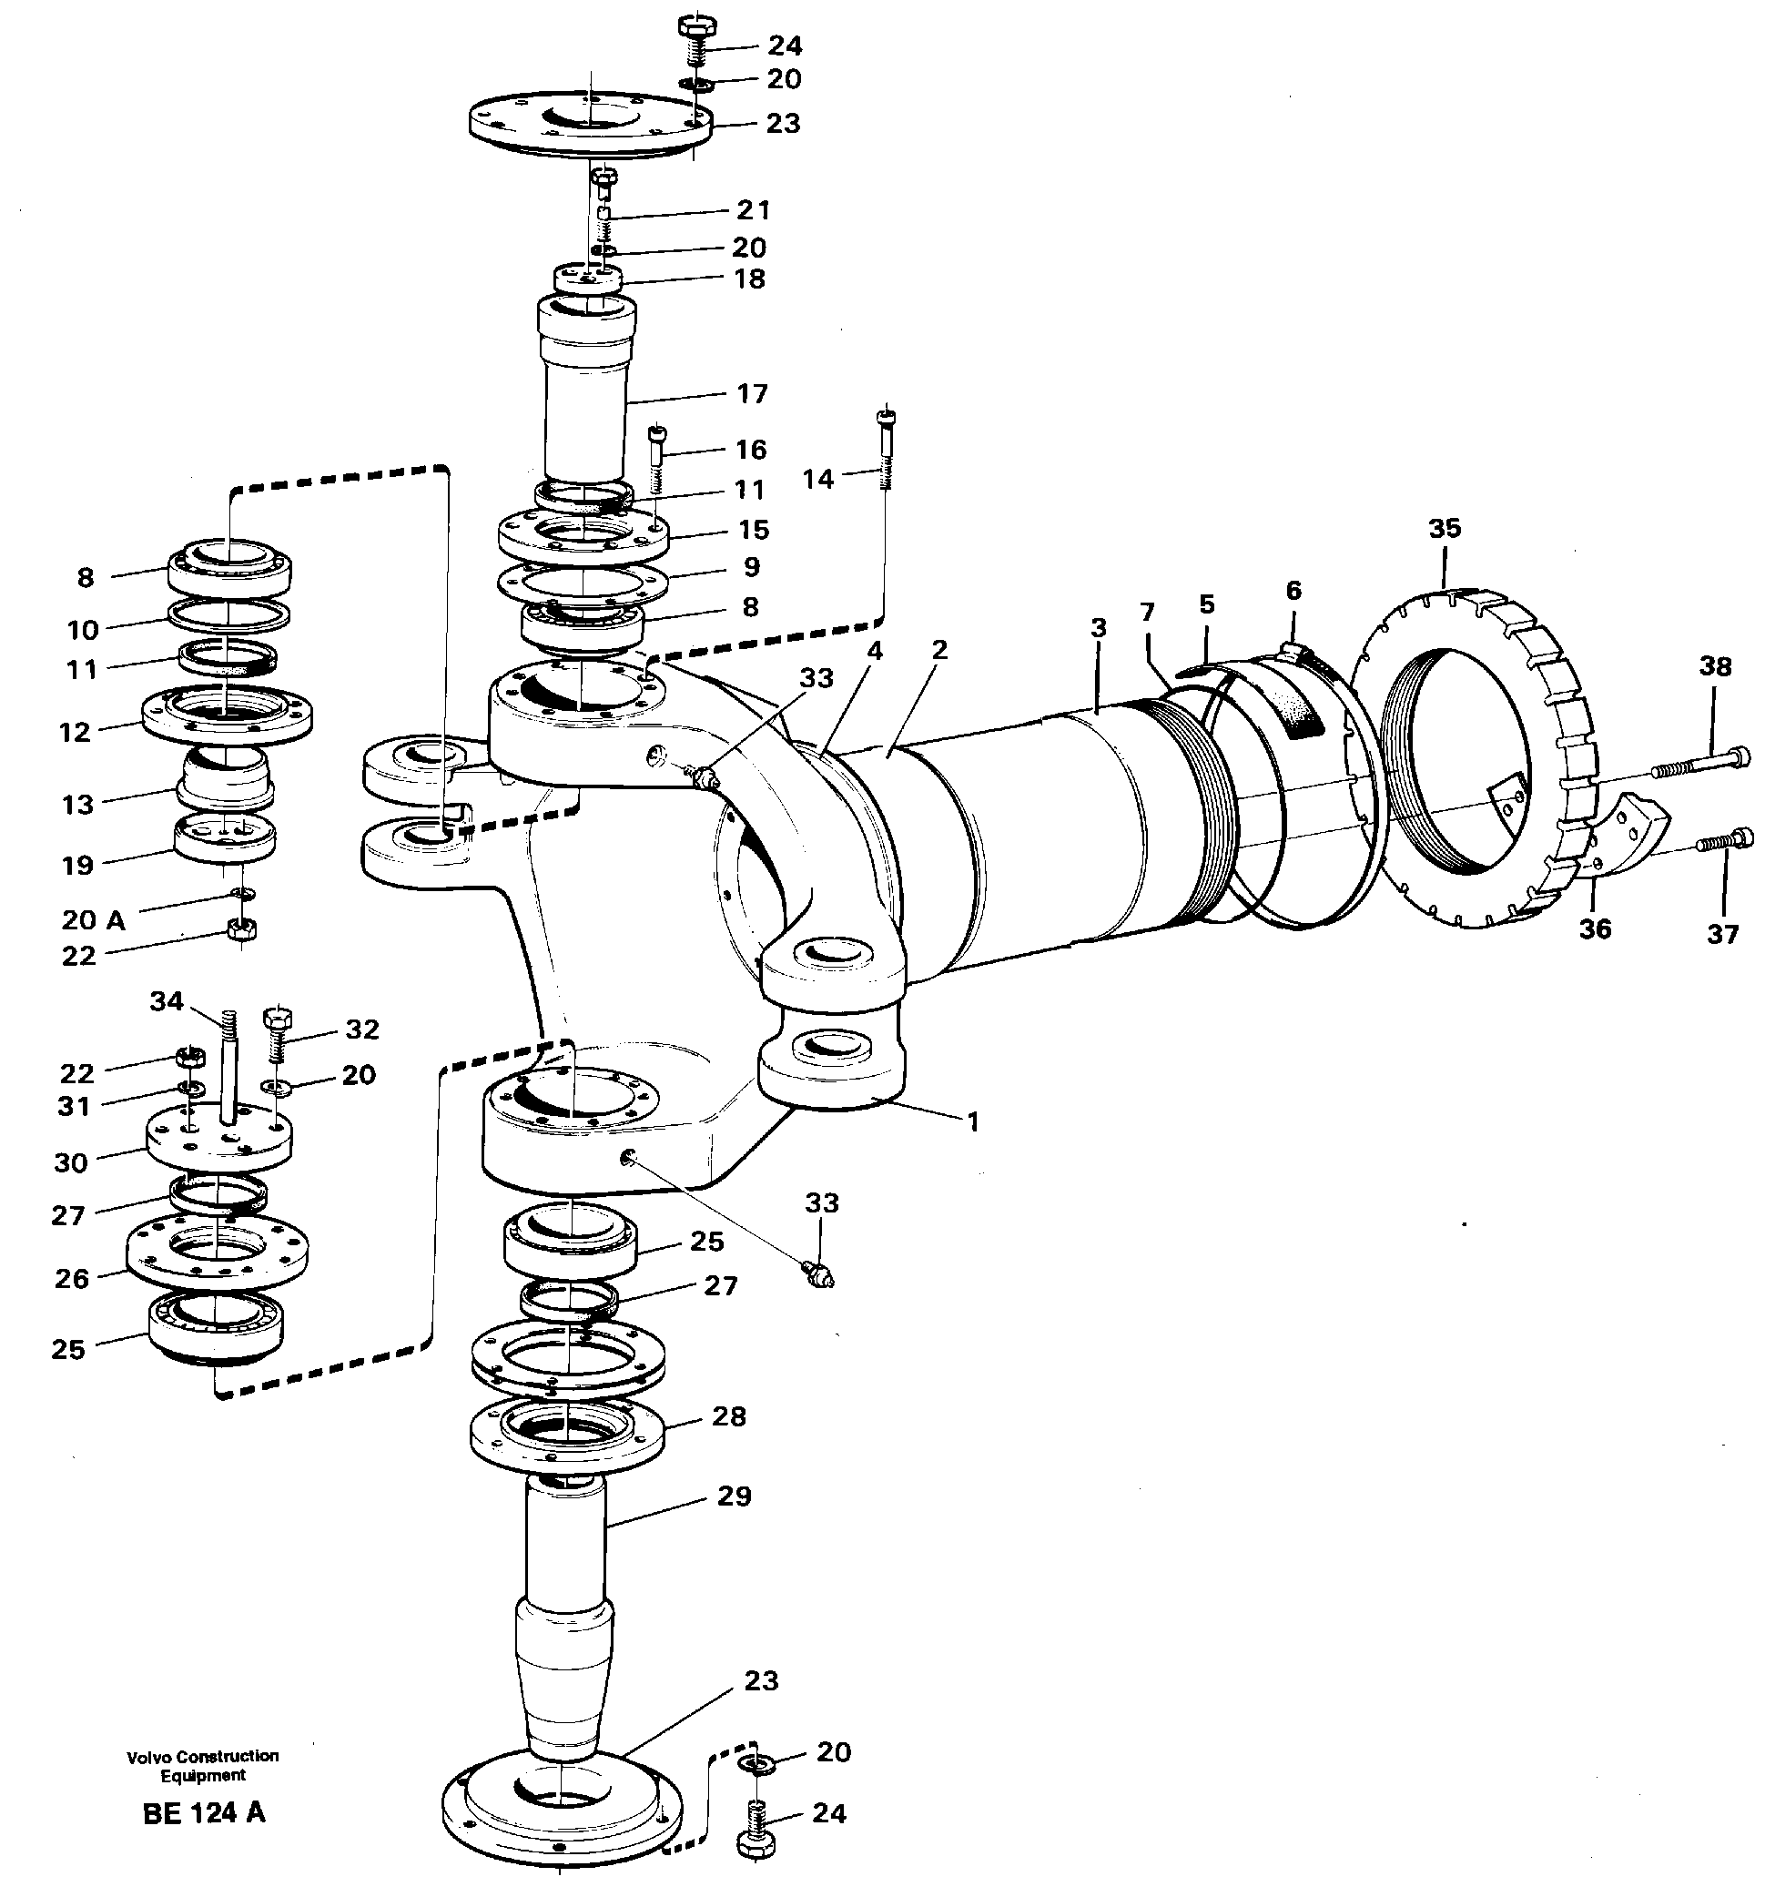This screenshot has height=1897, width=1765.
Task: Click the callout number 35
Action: tap(1444, 528)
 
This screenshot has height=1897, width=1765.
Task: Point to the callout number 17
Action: tap(751, 393)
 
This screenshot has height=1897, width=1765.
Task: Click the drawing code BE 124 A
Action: tap(203, 1813)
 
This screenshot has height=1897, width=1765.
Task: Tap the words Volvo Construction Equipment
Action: tap(202, 1765)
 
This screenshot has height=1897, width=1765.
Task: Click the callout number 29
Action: tap(733, 1496)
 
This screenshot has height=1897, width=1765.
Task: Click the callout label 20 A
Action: tap(94, 919)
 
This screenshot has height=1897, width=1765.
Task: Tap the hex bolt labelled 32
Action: tap(277, 1034)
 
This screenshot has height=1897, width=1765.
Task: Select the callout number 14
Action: tap(817, 478)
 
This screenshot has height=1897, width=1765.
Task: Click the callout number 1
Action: tap(972, 1122)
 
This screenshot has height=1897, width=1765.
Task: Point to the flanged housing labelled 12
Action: tap(227, 713)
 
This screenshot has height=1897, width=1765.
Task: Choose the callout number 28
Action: tap(729, 1416)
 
